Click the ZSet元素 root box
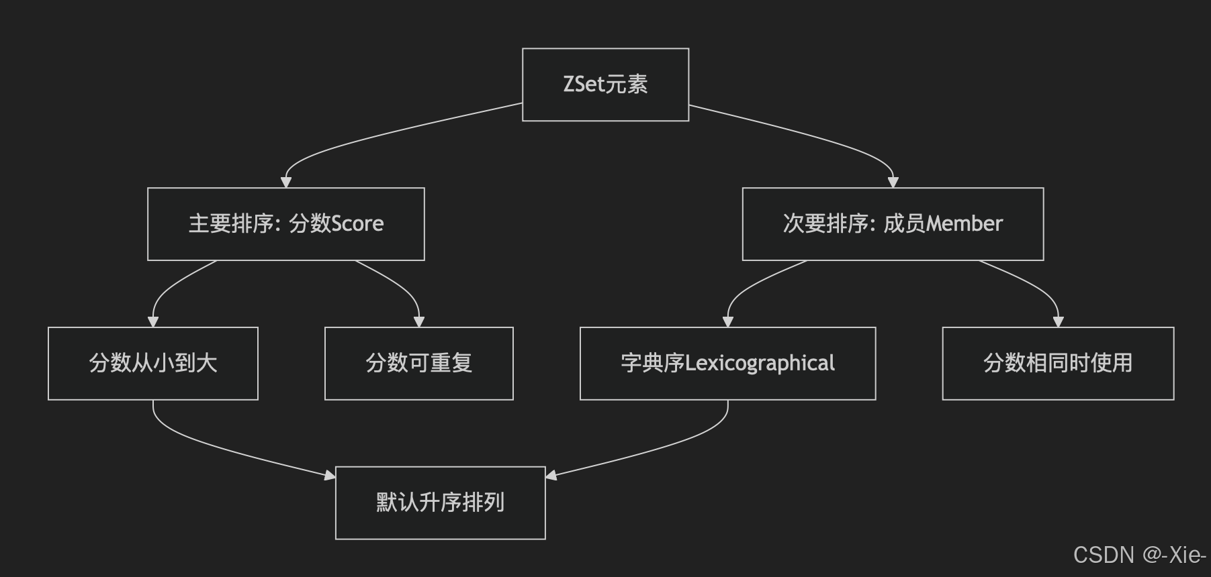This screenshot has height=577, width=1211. pos(605,85)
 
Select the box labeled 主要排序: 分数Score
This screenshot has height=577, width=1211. pos(285,223)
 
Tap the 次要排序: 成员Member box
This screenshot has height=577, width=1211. pos(893,223)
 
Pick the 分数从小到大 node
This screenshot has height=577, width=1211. pos(153,363)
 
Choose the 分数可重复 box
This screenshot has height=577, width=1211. pos(418,363)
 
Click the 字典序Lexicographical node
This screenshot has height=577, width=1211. pos(727,363)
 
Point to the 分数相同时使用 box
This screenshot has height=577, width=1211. pos(1058,363)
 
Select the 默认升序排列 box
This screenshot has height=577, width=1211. pos(440,503)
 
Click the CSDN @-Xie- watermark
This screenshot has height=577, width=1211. pos(1139,555)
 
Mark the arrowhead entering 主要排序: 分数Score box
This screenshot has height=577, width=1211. pos(286,182)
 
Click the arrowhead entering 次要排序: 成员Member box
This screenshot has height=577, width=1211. pos(893,182)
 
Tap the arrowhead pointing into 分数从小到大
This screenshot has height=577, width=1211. pos(153,322)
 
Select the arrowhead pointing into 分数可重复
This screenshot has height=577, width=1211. pos(419,322)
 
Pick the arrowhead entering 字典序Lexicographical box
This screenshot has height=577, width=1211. pos(727,322)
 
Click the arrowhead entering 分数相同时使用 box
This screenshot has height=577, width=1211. pos(1059,322)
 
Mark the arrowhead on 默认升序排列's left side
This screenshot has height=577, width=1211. pos(330,476)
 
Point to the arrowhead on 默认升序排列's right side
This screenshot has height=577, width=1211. pos(551,476)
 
